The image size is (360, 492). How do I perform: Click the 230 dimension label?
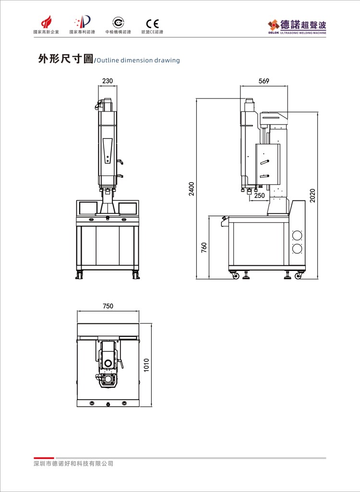coord(108,81)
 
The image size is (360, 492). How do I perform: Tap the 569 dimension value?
coord(264,81)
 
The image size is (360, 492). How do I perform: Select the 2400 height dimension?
coord(192,188)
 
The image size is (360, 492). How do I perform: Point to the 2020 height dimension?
coord(312,196)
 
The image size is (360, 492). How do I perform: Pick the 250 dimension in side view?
coord(259,196)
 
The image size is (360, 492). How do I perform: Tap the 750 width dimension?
coord(108,306)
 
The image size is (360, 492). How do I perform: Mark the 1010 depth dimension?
coord(146,365)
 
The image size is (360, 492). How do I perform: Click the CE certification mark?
coord(153,24)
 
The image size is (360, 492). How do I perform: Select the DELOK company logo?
coord(297,27)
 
